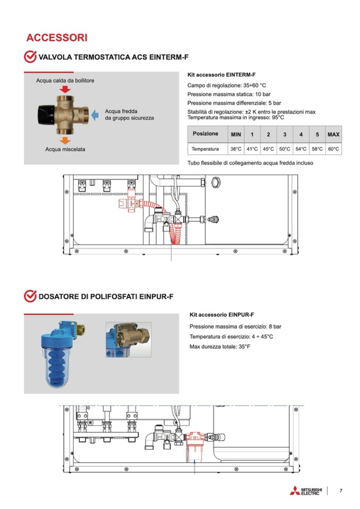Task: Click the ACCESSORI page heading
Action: pyautogui.click(x=57, y=38)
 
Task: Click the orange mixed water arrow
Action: pyautogui.click(x=65, y=140)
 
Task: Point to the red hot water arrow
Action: pyautogui.click(x=65, y=89)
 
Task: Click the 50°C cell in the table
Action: pyautogui.click(x=285, y=149)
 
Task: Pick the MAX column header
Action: pyautogui.click(x=333, y=135)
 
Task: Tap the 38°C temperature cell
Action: pyautogui.click(x=236, y=149)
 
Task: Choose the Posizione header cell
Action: pyautogui.click(x=205, y=134)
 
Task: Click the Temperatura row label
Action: pyautogui.click(x=205, y=149)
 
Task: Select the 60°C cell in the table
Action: pyautogui.click(x=333, y=149)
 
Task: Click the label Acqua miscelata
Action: pyautogui.click(x=65, y=149)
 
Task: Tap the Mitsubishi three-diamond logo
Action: pyautogui.click(x=295, y=491)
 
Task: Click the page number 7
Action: pyautogui.click(x=341, y=490)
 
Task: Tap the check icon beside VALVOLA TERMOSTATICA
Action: pyautogui.click(x=30, y=57)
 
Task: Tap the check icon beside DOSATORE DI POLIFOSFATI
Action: pyautogui.click(x=30, y=296)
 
